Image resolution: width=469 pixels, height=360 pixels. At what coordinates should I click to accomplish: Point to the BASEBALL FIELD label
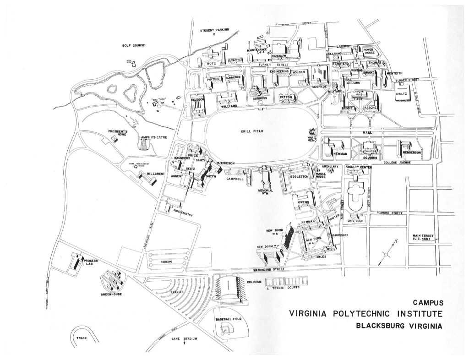pyautogui.click(x=229, y=318)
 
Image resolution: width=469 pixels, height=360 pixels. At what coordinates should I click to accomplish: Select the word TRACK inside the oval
pyautogui.click(x=83, y=338)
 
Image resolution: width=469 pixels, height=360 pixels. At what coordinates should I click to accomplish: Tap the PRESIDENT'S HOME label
pyautogui.click(x=120, y=133)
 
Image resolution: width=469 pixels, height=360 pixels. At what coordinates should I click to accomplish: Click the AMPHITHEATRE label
pyautogui.click(x=153, y=137)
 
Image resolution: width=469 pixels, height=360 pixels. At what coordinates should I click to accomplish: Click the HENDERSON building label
pyautogui.click(x=411, y=152)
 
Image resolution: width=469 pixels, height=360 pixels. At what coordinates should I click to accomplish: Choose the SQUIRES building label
pyautogui.click(x=369, y=158)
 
